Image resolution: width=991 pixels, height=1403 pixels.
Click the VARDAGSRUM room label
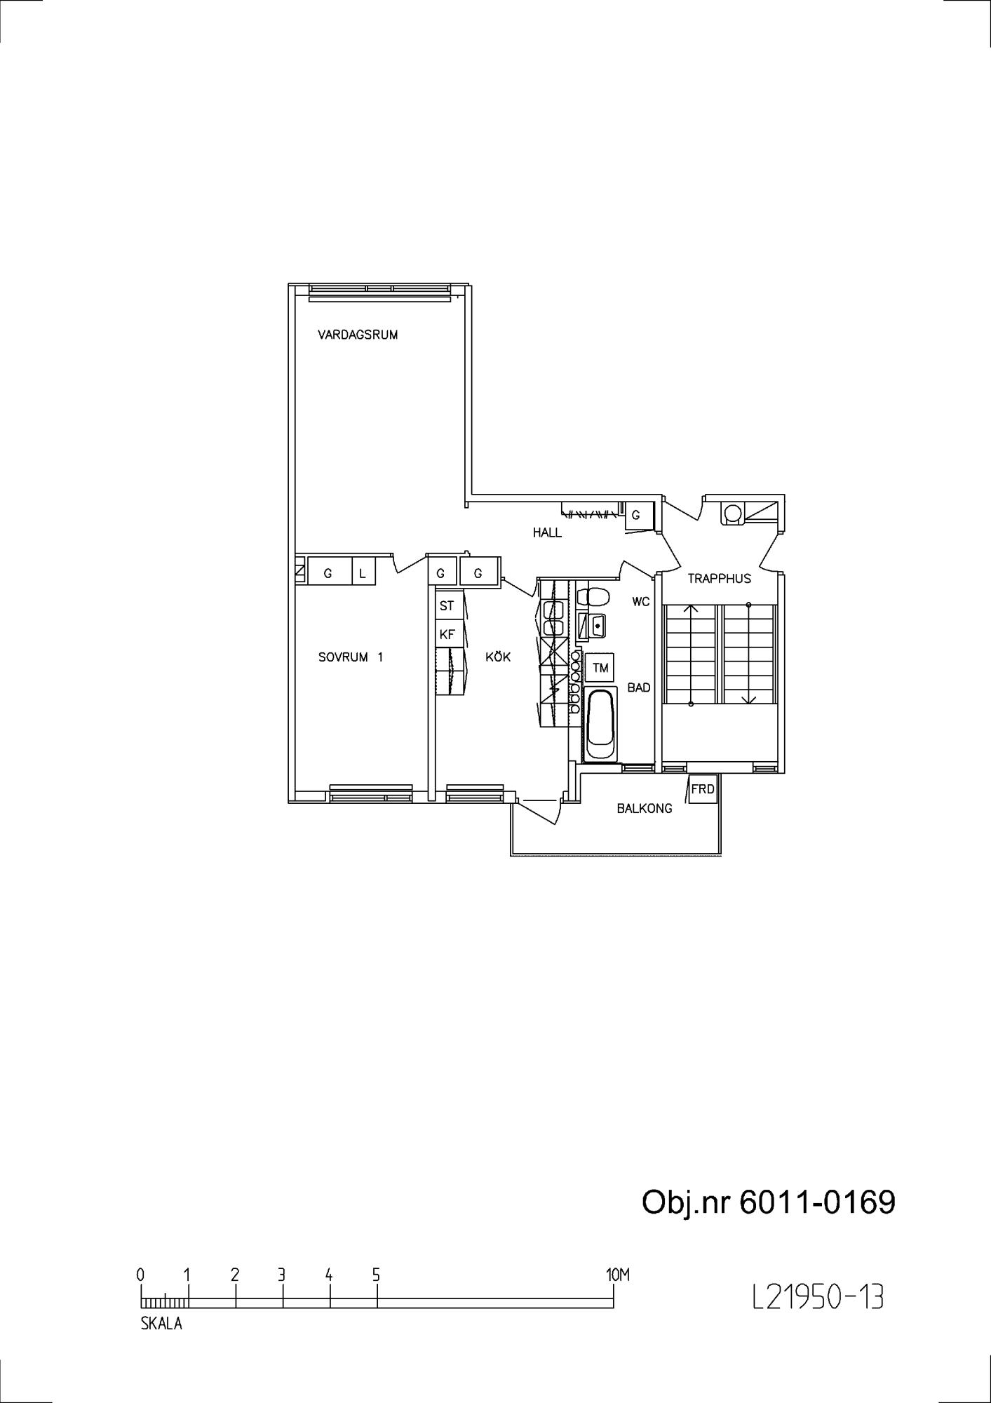358,335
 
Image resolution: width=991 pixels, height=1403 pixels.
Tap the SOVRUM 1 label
351,657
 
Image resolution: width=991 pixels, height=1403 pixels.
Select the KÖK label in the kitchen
498,657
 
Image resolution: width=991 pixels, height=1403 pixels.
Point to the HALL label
547,532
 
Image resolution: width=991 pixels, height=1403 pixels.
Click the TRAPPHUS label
719,579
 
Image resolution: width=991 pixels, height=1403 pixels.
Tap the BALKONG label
645,808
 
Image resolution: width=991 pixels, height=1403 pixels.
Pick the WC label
641,602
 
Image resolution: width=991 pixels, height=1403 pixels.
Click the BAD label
639,687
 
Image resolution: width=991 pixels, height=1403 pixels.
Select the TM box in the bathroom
600,668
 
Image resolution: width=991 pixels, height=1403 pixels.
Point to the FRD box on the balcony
703,789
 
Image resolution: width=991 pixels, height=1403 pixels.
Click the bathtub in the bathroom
601,725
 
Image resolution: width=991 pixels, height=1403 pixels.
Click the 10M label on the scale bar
617,1274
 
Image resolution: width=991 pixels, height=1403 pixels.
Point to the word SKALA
161,1324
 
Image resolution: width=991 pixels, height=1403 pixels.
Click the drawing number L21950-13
817,1297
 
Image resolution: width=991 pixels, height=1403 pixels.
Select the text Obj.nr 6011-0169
769,1202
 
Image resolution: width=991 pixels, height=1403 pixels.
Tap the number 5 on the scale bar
377,1274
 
